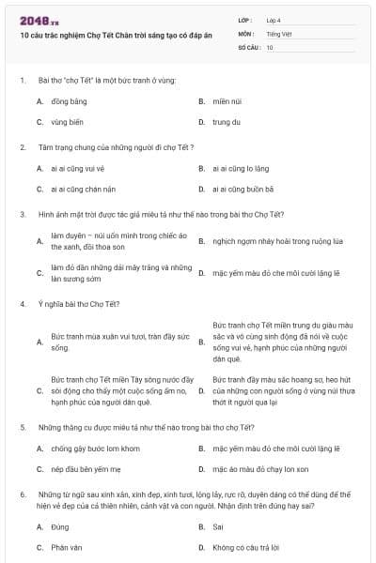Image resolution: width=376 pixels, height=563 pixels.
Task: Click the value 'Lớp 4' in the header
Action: pos(274,20)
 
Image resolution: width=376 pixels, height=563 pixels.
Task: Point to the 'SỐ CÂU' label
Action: pos(248,46)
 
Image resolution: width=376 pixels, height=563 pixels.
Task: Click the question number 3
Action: pos(22,214)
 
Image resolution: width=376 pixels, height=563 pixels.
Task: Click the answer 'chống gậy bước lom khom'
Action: pos(88,448)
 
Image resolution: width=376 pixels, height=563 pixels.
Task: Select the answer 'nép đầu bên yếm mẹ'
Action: pos(81,468)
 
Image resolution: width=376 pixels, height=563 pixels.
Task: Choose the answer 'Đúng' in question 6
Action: pos(60,526)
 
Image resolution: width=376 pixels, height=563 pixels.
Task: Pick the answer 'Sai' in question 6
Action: pos(218,526)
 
